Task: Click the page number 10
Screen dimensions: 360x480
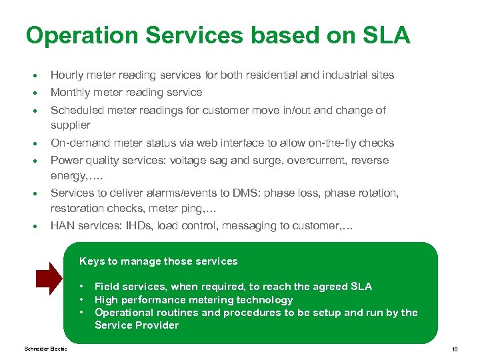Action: [454, 349]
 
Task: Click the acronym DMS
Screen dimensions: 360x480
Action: [245, 193]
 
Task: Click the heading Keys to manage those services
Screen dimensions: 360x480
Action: [158, 261]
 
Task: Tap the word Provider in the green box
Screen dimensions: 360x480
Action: [157, 325]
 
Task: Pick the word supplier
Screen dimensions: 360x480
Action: [71, 125]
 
